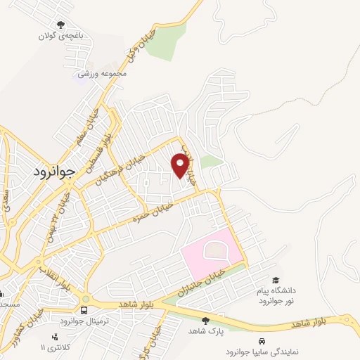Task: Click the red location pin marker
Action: [x=180, y=165]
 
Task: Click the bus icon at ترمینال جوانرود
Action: [x=85, y=310]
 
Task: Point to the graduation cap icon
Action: [x=275, y=281]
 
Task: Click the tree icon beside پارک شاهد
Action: [x=205, y=320]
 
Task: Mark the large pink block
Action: [x=210, y=252]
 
